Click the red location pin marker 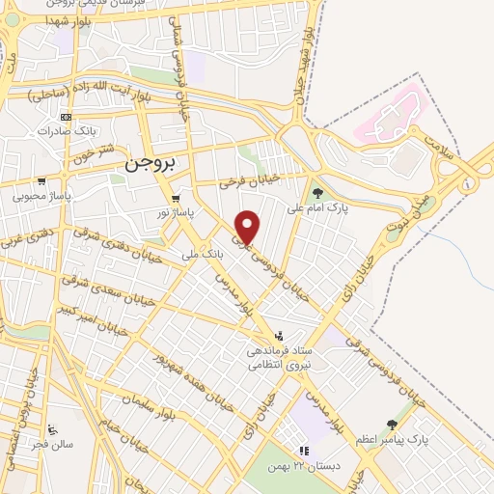coord(248,226)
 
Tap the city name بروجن coord(152,164)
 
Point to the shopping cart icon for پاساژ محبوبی coord(41,180)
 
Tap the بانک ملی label coord(203,257)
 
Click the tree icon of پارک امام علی coord(317,193)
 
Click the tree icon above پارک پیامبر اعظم coord(391,425)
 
